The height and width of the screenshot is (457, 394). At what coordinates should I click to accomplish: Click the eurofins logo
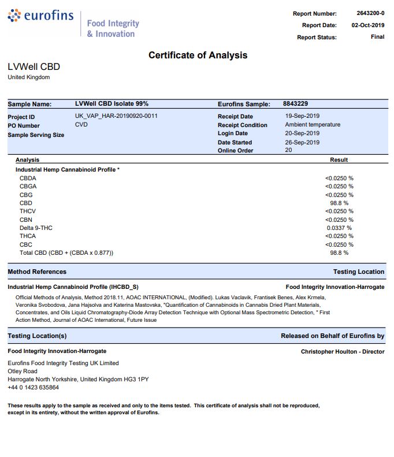pos(40,16)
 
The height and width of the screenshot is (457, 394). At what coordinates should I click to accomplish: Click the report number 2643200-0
pos(370,13)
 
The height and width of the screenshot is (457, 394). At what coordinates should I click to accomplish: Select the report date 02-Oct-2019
pos(368,25)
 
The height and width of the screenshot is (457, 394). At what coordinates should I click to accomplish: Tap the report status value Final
pos(377,37)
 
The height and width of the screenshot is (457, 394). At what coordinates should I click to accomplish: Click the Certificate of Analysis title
pos(198,55)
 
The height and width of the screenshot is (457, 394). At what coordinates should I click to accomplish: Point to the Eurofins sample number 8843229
pos(295,104)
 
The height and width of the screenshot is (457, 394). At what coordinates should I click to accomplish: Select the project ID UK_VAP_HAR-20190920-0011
pos(116,116)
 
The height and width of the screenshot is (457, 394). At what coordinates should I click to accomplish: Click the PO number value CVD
pos(81,125)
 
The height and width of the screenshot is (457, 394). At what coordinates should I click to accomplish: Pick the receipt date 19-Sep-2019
pos(302,116)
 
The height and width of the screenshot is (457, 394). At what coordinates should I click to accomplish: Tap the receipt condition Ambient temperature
pos(313,125)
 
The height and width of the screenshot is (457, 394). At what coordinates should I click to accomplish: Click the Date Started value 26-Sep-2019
pos(302,142)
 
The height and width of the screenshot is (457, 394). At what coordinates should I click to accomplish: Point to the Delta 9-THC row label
pos(36,228)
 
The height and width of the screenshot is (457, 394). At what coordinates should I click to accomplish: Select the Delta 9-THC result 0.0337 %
pos(340,228)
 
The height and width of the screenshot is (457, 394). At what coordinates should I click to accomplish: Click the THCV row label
pos(27,211)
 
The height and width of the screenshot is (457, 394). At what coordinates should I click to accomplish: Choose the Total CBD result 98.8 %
pos(339,253)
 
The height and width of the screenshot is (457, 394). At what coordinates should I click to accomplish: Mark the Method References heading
pos(37,272)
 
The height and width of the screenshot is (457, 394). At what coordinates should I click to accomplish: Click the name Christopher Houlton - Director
pos(342,351)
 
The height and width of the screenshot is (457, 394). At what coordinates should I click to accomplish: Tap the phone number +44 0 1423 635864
pos(33,388)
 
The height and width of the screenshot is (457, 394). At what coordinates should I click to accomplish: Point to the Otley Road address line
pos(23,371)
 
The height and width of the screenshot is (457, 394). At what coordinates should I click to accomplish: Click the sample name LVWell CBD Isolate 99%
pos(111,104)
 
